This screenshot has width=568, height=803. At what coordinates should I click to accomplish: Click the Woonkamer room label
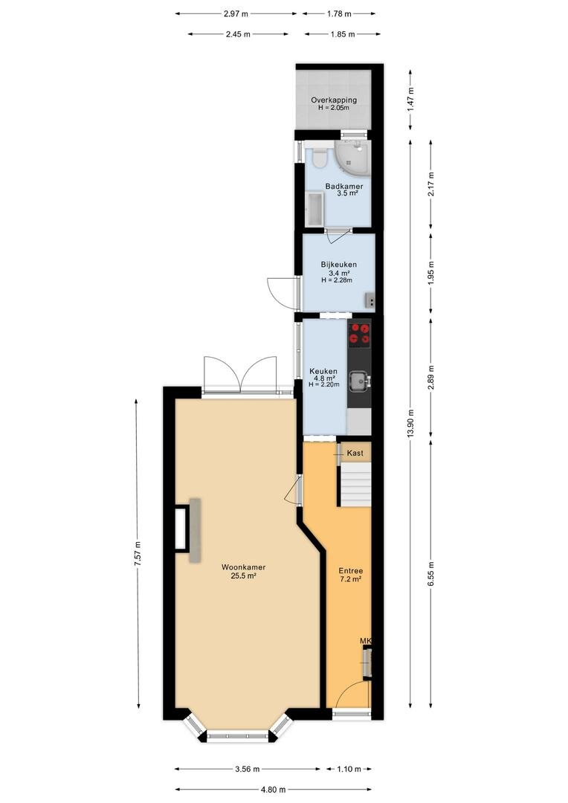(243, 567)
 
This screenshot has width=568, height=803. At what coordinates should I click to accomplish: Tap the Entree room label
(351, 570)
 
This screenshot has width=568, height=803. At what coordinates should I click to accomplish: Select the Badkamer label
(344, 187)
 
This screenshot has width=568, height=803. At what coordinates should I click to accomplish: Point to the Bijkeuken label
(338, 265)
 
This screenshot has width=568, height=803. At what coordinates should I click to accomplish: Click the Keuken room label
(323, 371)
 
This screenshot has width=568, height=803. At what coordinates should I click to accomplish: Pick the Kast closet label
(355, 453)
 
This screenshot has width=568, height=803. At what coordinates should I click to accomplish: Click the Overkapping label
(334, 100)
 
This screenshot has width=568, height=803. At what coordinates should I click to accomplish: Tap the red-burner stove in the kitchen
(360, 333)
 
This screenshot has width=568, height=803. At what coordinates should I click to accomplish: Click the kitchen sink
(359, 381)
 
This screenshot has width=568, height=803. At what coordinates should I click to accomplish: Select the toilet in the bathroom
(319, 156)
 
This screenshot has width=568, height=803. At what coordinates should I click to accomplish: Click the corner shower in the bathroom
(352, 157)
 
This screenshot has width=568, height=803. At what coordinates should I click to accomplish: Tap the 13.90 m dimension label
(411, 424)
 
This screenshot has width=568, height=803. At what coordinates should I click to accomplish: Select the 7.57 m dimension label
(138, 554)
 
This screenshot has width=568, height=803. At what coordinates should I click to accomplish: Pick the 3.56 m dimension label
(248, 770)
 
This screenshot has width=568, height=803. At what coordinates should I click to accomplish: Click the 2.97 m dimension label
(236, 14)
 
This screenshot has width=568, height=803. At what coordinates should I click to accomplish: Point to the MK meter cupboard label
(365, 641)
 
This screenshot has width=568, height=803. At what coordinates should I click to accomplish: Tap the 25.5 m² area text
(244, 575)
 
